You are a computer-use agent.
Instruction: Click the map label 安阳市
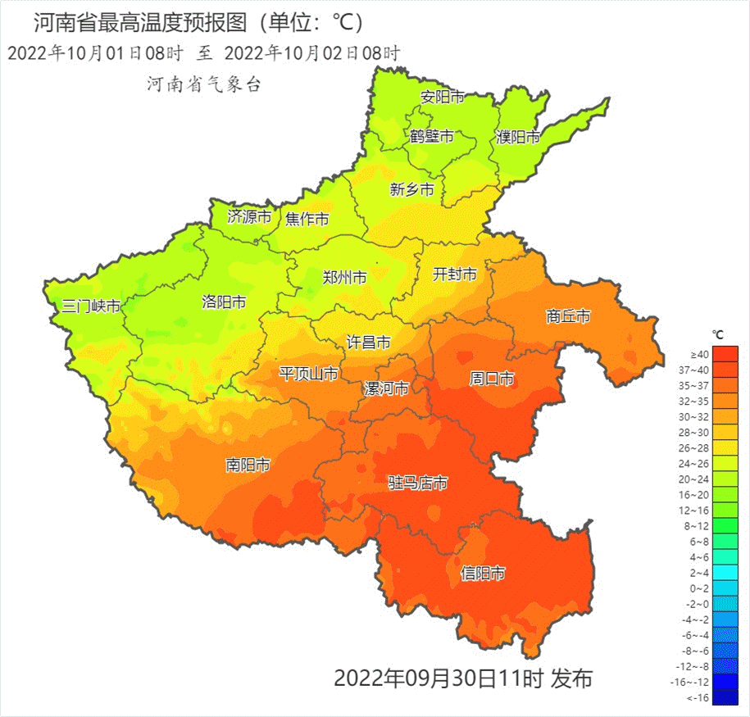(x=442, y=97)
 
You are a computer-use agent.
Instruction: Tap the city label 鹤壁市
(x=431, y=137)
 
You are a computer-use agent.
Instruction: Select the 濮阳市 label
(x=518, y=138)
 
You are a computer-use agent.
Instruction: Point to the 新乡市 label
(x=411, y=190)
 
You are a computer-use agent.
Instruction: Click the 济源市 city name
(x=249, y=217)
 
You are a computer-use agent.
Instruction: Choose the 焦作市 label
(x=307, y=219)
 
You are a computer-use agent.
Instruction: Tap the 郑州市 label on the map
(x=344, y=277)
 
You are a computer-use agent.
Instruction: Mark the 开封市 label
(x=454, y=275)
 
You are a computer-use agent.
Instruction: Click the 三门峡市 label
(x=91, y=307)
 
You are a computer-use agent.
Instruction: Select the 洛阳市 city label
(x=224, y=302)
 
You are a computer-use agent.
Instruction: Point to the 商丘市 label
(x=568, y=316)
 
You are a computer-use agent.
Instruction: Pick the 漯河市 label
(x=386, y=388)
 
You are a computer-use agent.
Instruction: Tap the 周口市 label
(x=492, y=379)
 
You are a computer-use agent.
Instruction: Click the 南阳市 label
(x=248, y=465)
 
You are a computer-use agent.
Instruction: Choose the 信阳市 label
(x=483, y=574)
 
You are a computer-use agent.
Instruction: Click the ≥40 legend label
(x=699, y=354)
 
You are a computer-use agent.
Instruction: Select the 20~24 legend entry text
(x=698, y=479)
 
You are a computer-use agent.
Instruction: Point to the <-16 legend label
(x=698, y=697)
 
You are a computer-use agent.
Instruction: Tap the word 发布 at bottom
(x=571, y=678)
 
